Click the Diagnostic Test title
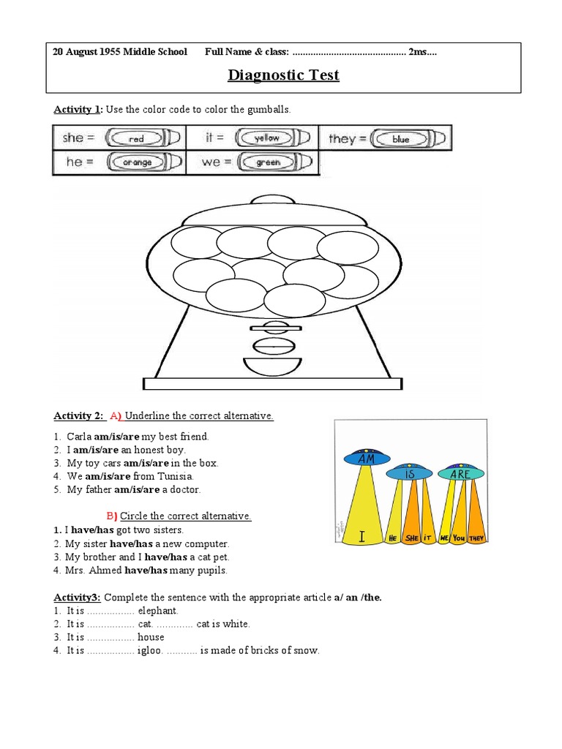click(x=283, y=75)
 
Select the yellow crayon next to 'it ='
click(x=271, y=138)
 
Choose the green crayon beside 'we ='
click(x=271, y=162)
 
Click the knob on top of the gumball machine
click(x=272, y=200)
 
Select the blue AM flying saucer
click(x=367, y=459)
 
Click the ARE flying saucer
click(x=460, y=473)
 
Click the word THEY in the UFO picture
click(x=478, y=538)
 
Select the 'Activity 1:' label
click(x=78, y=110)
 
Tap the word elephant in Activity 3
click(x=158, y=610)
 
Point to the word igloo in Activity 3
click(x=149, y=650)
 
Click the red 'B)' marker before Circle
click(x=113, y=516)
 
